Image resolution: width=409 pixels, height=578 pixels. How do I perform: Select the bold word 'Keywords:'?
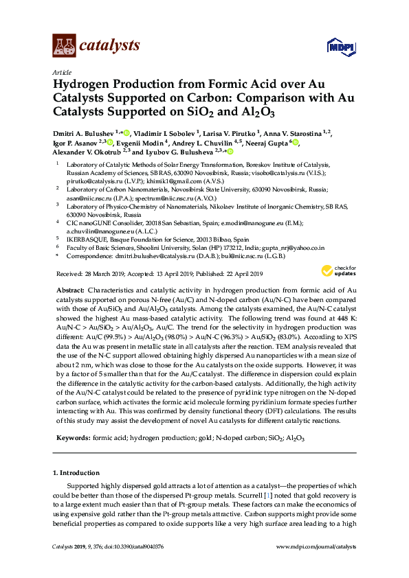pyautogui.click(x=72, y=437)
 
